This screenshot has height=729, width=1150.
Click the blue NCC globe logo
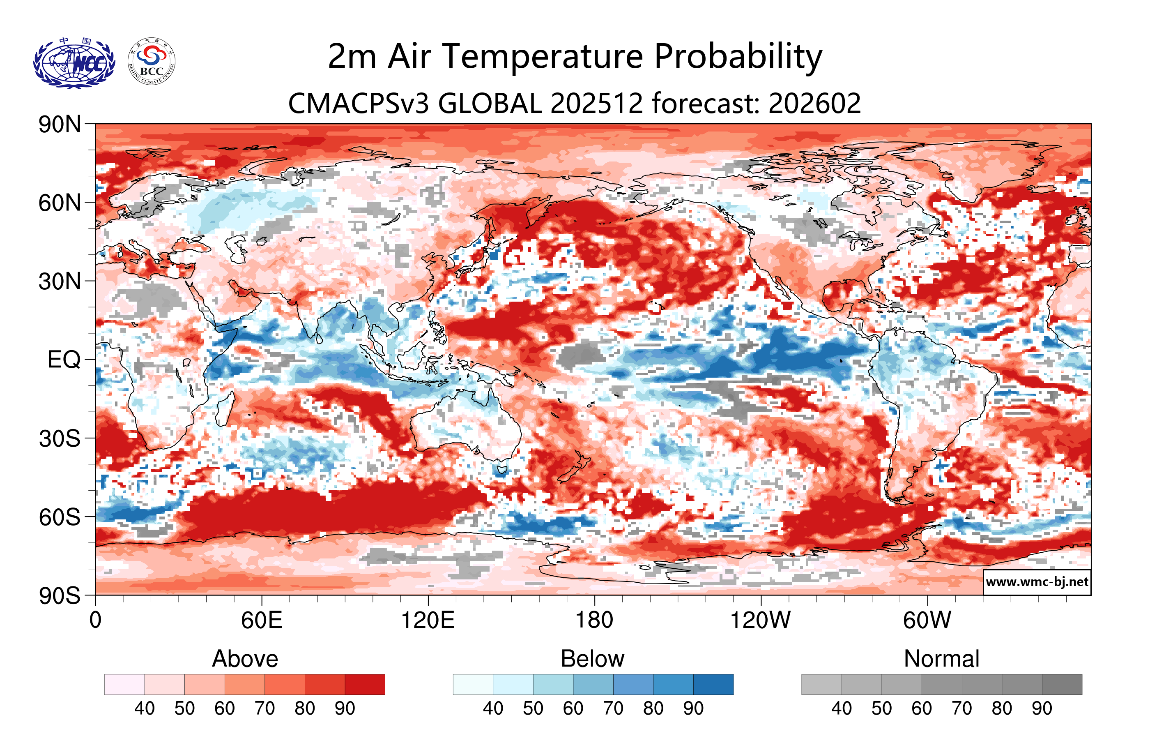point(74,63)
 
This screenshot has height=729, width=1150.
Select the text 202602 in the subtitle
point(815,103)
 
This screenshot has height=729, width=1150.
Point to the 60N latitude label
point(60,203)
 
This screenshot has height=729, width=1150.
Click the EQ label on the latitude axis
point(64,360)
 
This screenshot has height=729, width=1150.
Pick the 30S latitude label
point(60,438)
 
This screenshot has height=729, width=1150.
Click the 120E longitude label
point(428,621)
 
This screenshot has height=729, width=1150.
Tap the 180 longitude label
point(594,621)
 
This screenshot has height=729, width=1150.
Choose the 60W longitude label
point(927,621)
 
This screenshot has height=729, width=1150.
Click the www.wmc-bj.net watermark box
point(1037,582)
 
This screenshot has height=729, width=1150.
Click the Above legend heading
point(245,659)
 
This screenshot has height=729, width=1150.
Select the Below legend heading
point(592,659)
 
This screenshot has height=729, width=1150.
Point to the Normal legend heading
point(941,659)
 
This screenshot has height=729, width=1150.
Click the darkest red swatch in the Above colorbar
point(365,684)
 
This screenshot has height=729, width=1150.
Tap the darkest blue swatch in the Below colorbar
point(713,684)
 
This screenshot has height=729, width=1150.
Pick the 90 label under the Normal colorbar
point(1042,708)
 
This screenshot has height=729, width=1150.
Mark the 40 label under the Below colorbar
point(493,708)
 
